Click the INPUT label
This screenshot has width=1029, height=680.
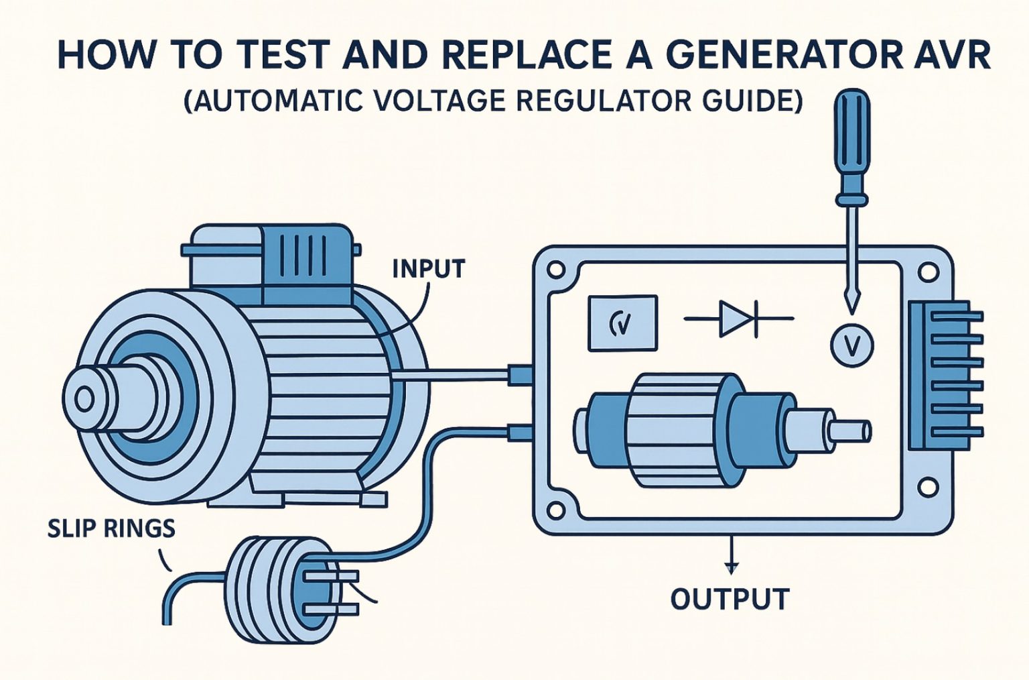click(428, 269)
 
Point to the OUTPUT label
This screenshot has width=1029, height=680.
click(730, 599)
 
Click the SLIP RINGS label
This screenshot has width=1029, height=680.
click(111, 529)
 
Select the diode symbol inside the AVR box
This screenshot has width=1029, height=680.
click(738, 319)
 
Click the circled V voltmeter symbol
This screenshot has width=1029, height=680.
click(852, 345)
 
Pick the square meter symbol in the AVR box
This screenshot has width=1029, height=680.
click(622, 323)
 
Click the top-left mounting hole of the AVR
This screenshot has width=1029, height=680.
click(555, 271)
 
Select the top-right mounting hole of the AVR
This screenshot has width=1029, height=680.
click(928, 272)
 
